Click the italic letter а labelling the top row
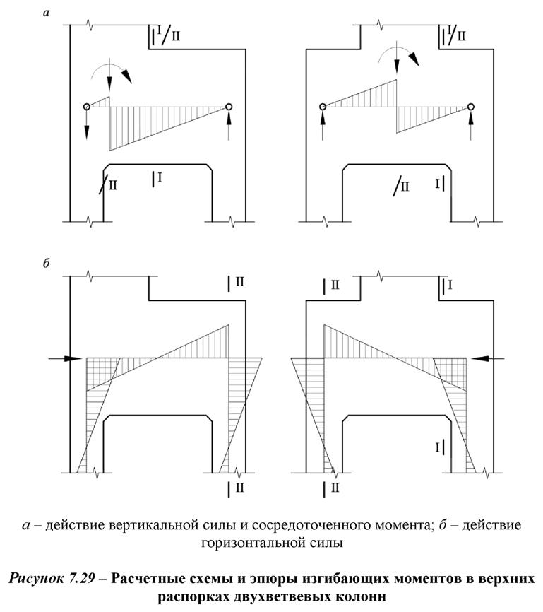(x=46, y=12)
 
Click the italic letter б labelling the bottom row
(x=46, y=265)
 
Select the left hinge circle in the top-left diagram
(x=86, y=107)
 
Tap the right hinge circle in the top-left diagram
(x=229, y=107)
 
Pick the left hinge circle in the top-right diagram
(x=323, y=107)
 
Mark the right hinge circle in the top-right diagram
(x=471, y=107)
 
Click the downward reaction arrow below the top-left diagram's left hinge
(x=86, y=126)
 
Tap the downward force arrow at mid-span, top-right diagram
(x=397, y=60)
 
